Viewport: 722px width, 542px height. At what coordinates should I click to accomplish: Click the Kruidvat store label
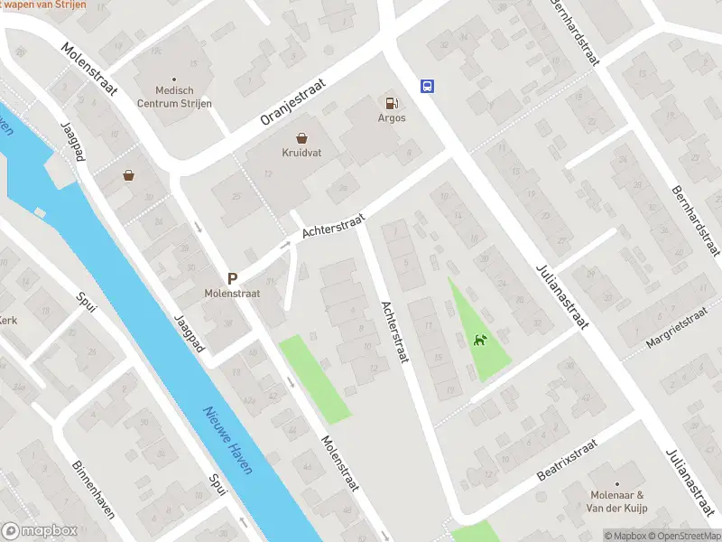pyautogui.click(x=296, y=154)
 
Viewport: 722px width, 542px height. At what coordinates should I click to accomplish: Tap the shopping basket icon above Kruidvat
pyautogui.click(x=301, y=138)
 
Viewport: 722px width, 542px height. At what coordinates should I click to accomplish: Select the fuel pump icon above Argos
pyautogui.click(x=391, y=103)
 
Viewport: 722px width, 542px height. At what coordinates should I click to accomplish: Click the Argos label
pyautogui.click(x=392, y=118)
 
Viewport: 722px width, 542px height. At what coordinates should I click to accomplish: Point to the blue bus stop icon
pyautogui.click(x=426, y=87)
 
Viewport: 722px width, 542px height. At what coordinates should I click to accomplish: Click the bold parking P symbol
pyautogui.click(x=232, y=280)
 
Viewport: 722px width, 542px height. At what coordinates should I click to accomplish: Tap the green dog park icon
pyautogui.click(x=479, y=340)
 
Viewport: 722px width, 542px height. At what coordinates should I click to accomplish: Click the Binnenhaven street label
pyautogui.click(x=93, y=490)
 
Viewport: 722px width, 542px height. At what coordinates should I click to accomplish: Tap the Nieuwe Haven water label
pyautogui.click(x=227, y=439)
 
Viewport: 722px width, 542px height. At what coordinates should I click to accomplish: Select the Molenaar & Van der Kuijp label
pyautogui.click(x=616, y=501)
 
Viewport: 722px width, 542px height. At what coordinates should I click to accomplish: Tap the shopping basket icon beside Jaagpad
pyautogui.click(x=130, y=174)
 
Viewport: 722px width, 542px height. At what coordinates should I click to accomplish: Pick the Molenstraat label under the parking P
pyautogui.click(x=232, y=294)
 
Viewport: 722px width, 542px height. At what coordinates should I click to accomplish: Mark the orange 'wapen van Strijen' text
pyautogui.click(x=45, y=5)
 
